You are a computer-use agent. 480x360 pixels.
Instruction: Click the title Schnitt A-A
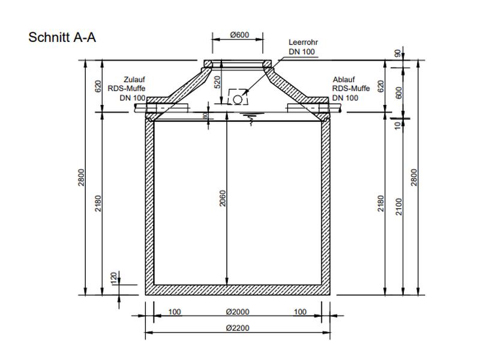tap(62, 37)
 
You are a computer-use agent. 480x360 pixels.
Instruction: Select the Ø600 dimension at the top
tap(239, 35)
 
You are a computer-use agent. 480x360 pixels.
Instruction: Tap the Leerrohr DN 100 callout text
tap(302, 47)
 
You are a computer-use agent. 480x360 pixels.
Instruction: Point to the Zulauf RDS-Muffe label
tap(127, 88)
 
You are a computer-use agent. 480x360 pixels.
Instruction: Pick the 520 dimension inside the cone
tap(218, 82)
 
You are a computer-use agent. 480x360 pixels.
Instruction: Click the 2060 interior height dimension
tap(223, 199)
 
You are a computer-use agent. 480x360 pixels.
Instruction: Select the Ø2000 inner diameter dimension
tap(239, 312)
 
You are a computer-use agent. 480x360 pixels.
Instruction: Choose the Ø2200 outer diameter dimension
tap(239, 328)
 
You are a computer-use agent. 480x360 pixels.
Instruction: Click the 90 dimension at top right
tap(397, 53)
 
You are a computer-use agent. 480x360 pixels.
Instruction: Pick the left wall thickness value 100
tap(175, 312)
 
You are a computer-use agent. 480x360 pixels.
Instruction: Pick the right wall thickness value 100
tap(301, 312)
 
